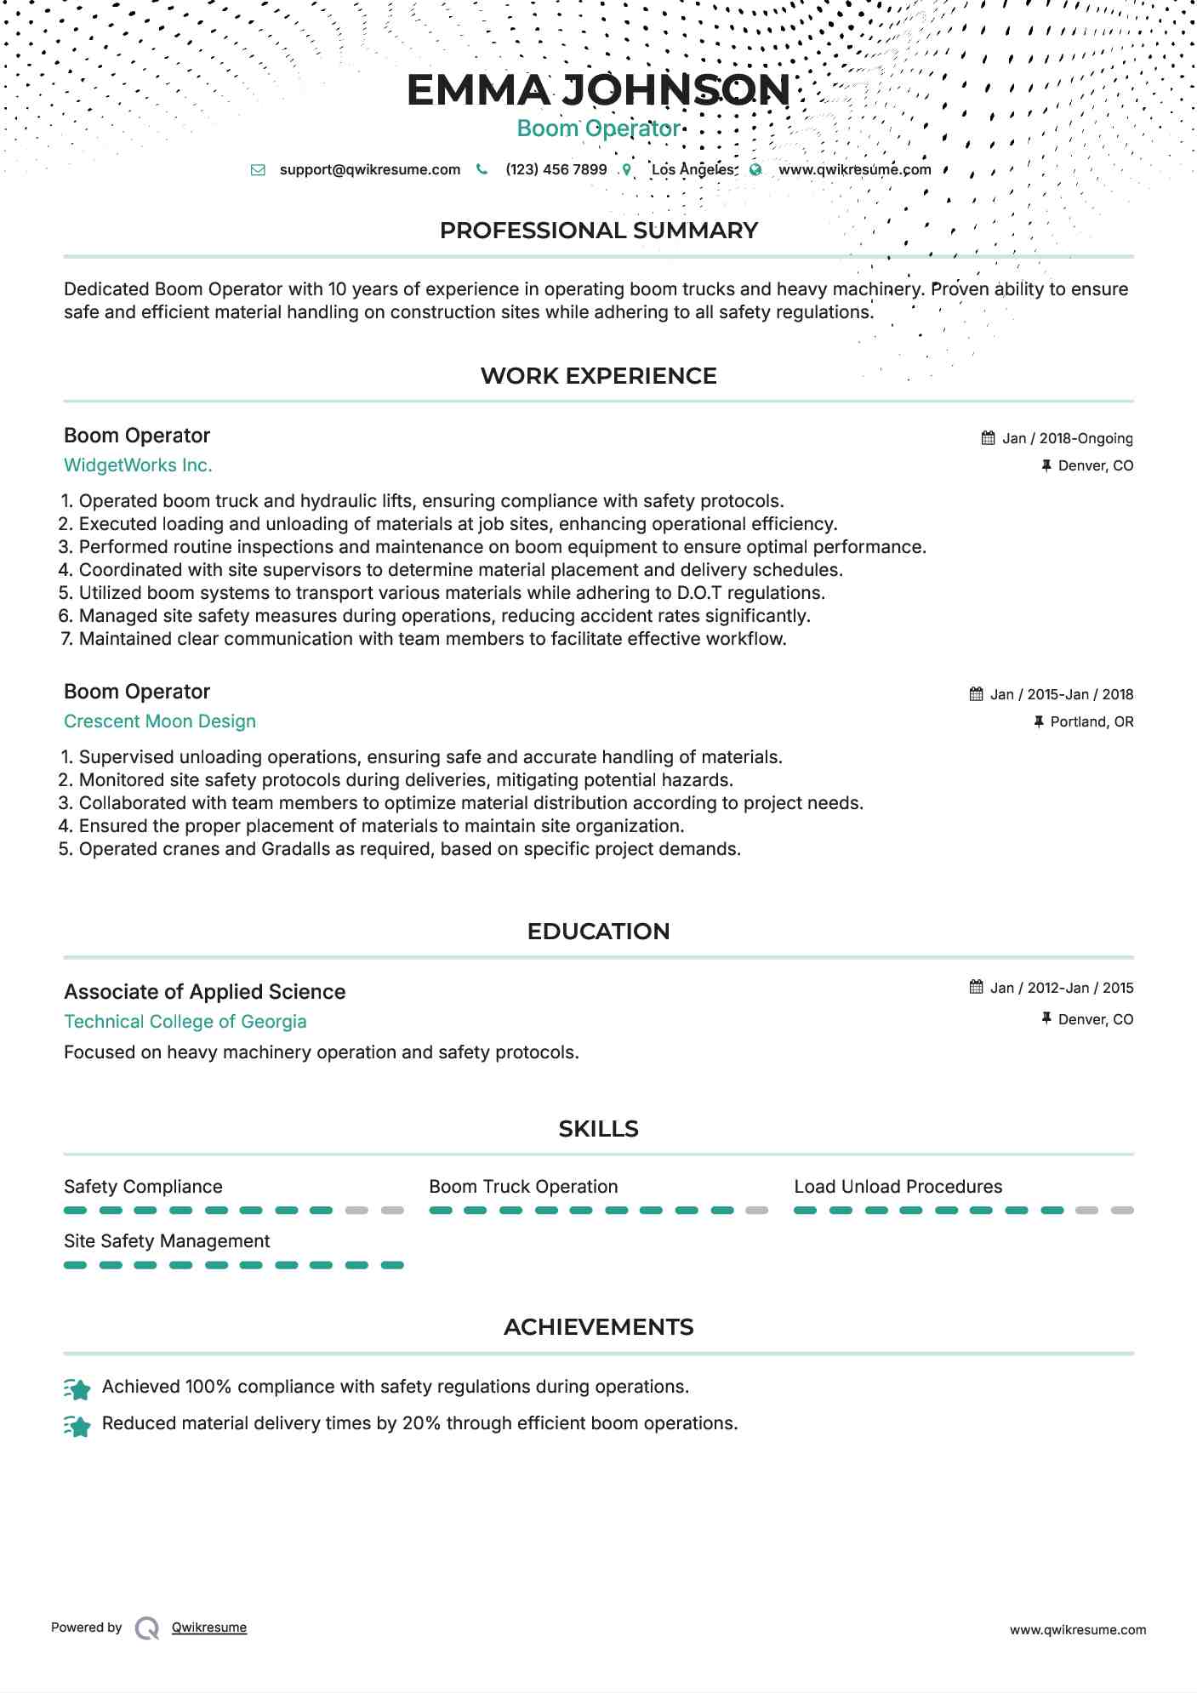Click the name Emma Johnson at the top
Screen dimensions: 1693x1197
598,90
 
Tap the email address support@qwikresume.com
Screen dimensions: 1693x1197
369,169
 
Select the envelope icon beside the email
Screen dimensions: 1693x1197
258,170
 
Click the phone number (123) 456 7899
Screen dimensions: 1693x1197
556,169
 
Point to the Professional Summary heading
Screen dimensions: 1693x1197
598,231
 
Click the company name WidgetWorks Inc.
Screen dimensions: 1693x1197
138,465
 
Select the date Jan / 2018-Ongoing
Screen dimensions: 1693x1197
1067,438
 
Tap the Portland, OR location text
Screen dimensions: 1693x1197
1092,721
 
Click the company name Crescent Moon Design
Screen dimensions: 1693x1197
160,721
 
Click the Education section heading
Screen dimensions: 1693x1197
598,932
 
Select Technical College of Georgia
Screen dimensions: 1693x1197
185,1022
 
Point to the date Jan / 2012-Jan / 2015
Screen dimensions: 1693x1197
1061,988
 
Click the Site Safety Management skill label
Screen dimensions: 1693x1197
167,1241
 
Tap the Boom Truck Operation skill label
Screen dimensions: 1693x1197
523,1187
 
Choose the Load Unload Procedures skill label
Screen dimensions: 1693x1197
898,1187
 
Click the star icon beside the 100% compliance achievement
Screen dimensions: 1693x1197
77,1390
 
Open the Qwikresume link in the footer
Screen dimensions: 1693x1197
209,1627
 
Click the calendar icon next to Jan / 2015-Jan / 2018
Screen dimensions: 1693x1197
976,694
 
